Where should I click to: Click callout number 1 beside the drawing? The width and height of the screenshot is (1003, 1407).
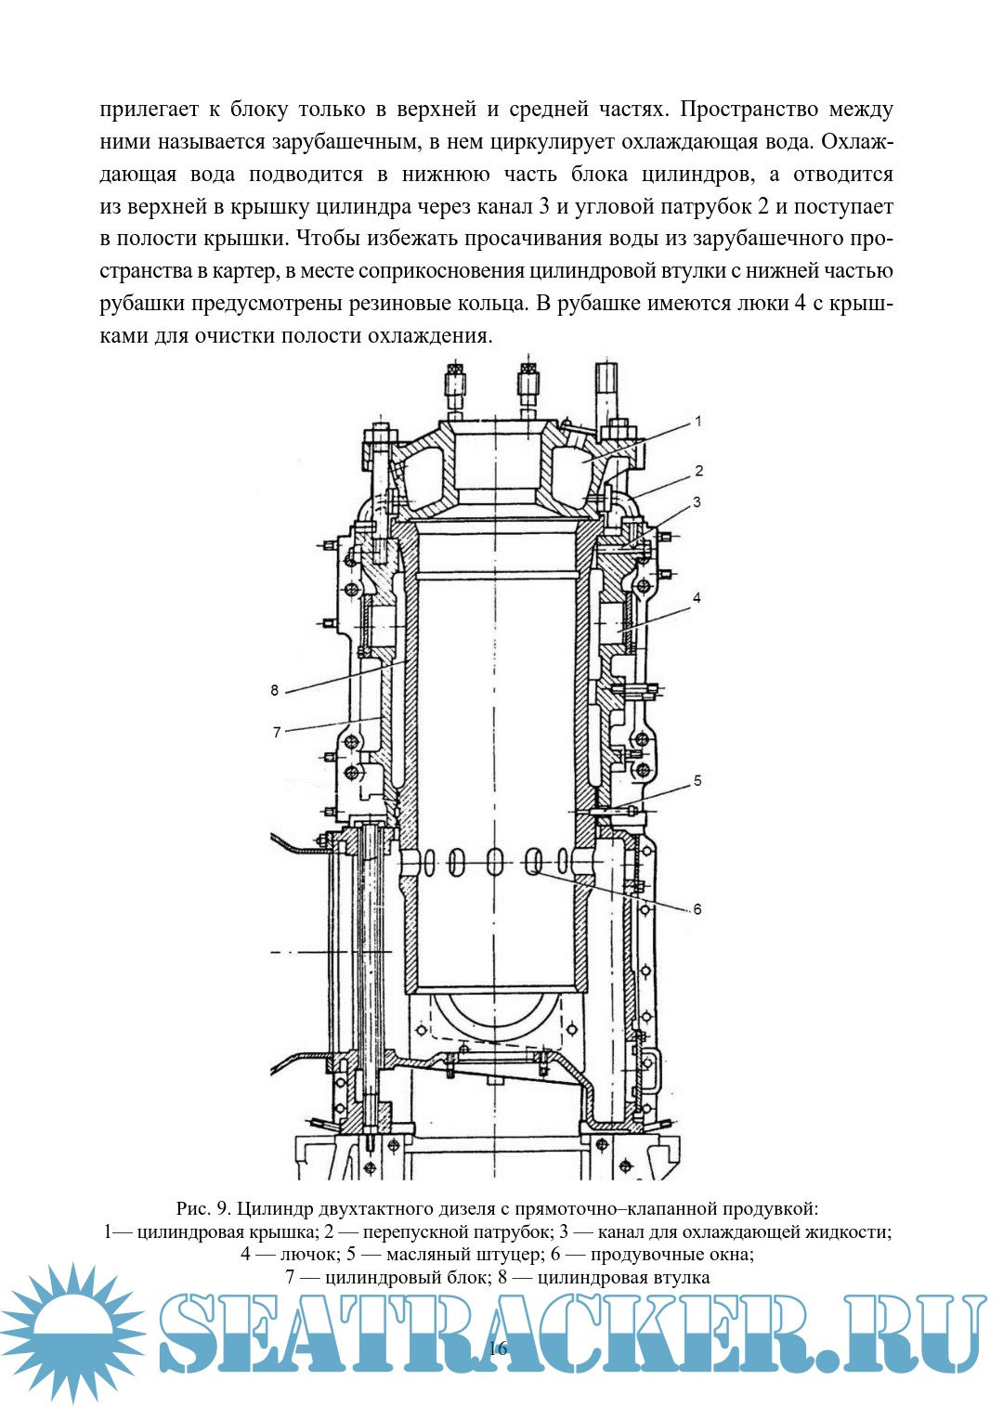tap(698, 422)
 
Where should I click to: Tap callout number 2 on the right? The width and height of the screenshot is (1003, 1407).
tap(699, 471)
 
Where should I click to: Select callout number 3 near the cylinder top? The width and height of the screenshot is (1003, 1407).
tap(697, 502)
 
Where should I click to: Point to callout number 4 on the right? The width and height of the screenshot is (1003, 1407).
tap(697, 598)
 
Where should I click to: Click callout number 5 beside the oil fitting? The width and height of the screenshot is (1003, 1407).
tap(697, 781)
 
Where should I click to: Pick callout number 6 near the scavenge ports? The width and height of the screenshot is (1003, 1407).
tap(697, 909)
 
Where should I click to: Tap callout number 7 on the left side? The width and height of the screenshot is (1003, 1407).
tap(277, 732)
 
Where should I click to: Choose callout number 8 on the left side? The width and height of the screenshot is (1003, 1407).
tap(275, 690)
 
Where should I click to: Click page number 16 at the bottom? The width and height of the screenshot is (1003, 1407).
tap(498, 1348)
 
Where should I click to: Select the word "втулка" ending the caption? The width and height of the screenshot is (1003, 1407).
tap(683, 1278)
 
